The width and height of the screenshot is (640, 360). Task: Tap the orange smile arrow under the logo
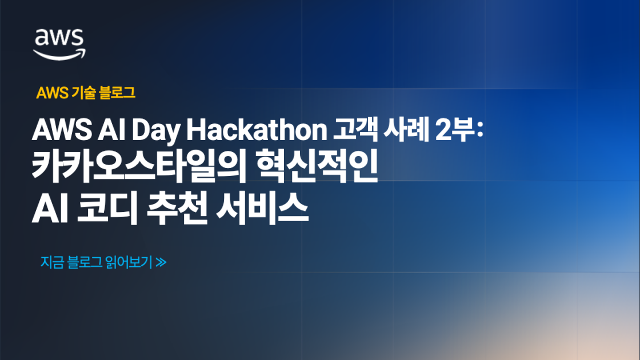(59, 54)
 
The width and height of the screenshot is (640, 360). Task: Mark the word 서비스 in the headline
(263, 210)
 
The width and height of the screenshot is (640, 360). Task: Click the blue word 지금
(52, 263)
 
